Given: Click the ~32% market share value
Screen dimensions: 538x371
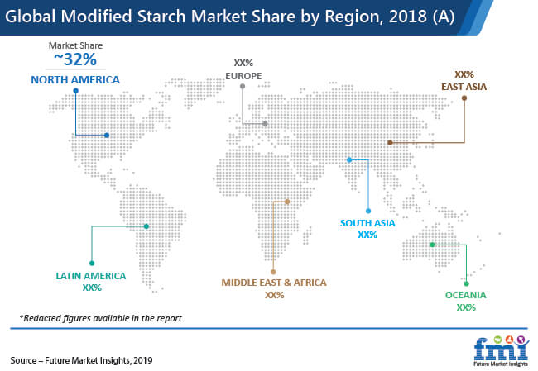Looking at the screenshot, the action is (75, 59).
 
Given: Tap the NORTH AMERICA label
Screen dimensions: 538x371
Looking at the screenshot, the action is (75, 80).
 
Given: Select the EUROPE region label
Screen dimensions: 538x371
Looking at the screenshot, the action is (243, 76).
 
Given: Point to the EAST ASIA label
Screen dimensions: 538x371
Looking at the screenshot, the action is (464, 87).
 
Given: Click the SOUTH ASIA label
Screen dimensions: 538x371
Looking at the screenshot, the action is (367, 223).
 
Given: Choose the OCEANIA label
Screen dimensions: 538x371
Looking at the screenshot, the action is (466, 295).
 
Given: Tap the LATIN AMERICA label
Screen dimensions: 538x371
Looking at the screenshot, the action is (91, 276).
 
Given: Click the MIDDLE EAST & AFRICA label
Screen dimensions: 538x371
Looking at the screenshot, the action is (274, 283).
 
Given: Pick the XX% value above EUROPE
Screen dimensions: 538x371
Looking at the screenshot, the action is (243, 63).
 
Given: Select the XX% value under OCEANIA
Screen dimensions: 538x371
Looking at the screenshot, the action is (466, 307).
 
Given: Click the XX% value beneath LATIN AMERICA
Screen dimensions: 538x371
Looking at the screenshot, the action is (92, 288).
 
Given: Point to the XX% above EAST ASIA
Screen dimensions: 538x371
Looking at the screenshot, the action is (464, 74).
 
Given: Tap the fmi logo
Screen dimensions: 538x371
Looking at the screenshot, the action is (501, 351).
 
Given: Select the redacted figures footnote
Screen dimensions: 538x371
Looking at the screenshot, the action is (100, 318).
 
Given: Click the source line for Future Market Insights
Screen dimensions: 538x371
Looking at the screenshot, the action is (81, 360).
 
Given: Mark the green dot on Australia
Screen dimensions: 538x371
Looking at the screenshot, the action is (432, 245).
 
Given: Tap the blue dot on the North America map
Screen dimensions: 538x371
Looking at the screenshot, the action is (107, 136).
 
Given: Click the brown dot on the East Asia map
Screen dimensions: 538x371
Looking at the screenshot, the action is (390, 142).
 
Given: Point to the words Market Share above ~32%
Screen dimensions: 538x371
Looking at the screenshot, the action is (75, 45).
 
